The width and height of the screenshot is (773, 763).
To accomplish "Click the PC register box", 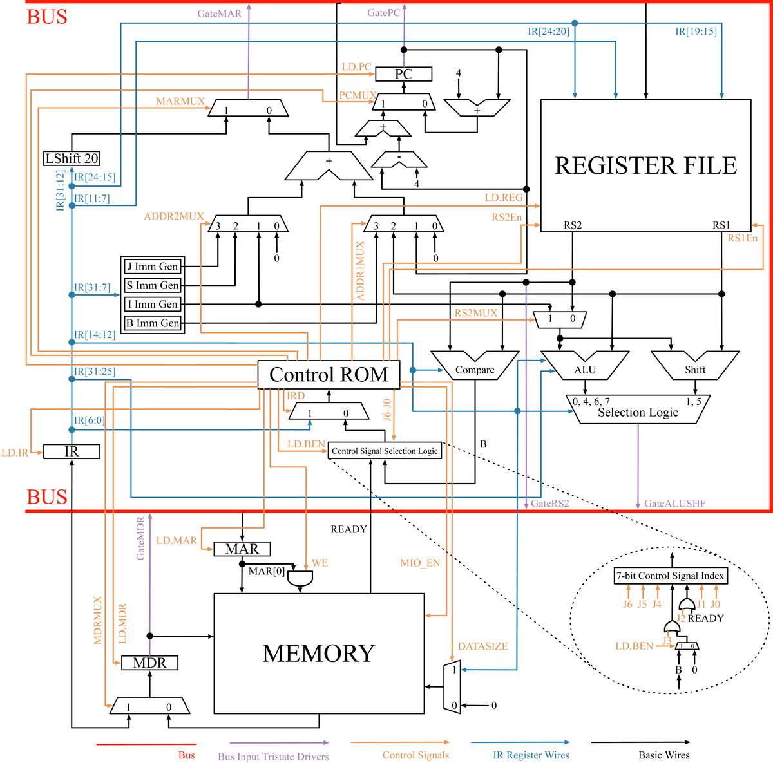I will click(x=403, y=74).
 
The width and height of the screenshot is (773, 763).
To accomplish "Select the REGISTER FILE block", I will click(x=645, y=165).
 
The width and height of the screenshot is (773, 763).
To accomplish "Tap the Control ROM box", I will click(x=329, y=375).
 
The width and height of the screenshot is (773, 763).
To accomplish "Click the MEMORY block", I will click(x=319, y=653).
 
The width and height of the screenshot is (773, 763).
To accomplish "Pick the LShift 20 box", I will click(x=72, y=158).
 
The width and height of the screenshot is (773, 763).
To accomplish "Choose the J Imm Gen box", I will click(x=153, y=267).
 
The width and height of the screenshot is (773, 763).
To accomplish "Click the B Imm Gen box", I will click(x=153, y=323).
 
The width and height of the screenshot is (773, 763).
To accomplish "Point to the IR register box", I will click(x=72, y=451).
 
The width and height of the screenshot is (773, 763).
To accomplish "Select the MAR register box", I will click(x=242, y=549).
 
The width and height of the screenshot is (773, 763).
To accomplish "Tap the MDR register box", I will click(x=149, y=663).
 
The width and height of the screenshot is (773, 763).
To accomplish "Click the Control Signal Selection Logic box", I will click(x=385, y=451).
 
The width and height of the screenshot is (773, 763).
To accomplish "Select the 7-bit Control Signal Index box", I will click(x=671, y=576).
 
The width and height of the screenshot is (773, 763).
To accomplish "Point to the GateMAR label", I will click(x=220, y=14).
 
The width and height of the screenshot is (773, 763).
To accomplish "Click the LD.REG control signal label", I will click(x=504, y=198).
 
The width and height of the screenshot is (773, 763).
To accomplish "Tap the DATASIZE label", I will click(x=482, y=646).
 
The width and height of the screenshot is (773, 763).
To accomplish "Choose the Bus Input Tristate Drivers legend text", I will click(x=273, y=757).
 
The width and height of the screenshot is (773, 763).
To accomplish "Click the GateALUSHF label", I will click(x=674, y=504).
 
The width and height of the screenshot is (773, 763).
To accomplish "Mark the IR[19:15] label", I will click(x=696, y=31).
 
